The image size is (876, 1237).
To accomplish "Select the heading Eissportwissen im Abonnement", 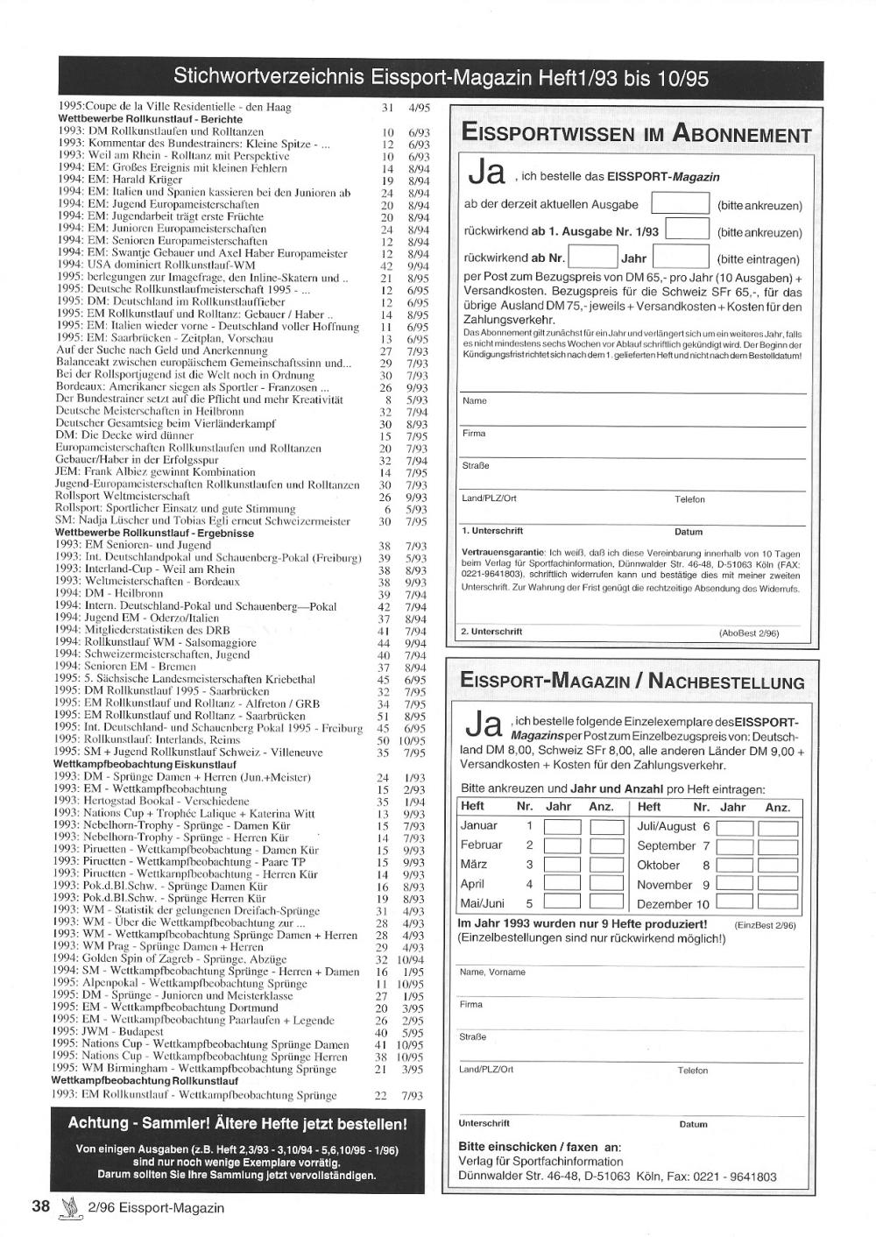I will [x=636, y=134].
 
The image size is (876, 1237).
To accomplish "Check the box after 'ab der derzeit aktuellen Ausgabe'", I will [x=681, y=204].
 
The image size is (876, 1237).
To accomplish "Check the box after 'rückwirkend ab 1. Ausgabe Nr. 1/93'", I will [x=687, y=230].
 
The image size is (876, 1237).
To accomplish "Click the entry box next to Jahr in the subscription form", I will [x=681, y=258].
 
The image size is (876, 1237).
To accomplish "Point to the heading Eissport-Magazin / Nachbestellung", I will [x=632, y=682].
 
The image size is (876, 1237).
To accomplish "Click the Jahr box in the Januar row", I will [x=562, y=826].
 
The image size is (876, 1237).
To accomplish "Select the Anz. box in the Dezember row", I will [x=778, y=903].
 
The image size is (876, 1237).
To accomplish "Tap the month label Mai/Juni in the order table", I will [x=482, y=903].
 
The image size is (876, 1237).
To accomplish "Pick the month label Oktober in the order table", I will [x=658, y=865].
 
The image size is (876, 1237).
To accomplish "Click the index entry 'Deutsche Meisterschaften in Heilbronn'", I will [x=150, y=411].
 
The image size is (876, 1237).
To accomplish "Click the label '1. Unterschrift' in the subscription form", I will [x=491, y=531].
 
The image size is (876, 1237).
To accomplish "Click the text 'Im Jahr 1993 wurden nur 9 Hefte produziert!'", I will [x=583, y=923].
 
